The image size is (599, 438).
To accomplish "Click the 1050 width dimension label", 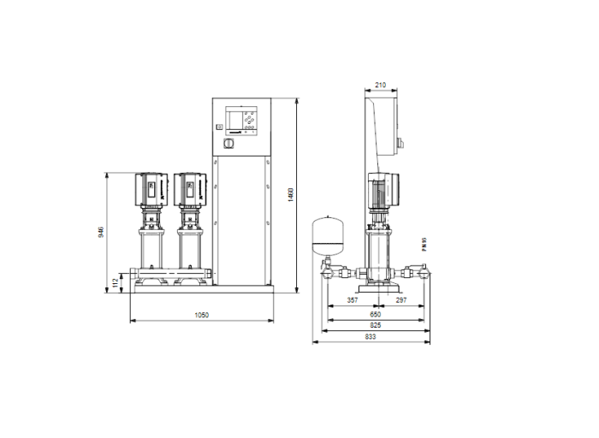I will [201, 316].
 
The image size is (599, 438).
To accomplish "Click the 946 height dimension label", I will [101, 232].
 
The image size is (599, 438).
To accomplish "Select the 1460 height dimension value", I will [291, 194].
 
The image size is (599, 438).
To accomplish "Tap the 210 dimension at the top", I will [381, 86].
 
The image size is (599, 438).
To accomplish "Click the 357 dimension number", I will [352, 302].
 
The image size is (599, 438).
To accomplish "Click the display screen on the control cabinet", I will [233, 121].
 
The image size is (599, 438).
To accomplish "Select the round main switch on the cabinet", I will [228, 145].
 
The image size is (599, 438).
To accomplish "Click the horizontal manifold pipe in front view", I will [171, 276].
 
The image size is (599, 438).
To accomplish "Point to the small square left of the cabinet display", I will [219, 127].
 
